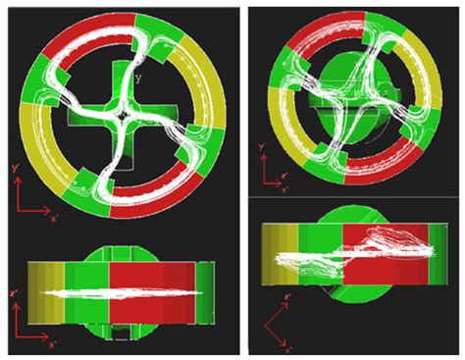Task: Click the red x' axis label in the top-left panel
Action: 54,218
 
